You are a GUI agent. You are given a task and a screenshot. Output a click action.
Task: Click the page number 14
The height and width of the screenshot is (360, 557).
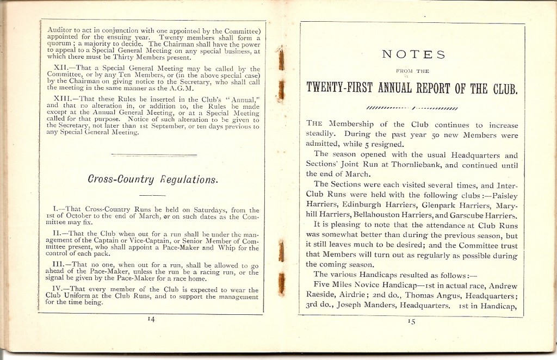coord(151,320)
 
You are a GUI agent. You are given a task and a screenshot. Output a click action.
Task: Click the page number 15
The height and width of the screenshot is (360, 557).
coord(412,321)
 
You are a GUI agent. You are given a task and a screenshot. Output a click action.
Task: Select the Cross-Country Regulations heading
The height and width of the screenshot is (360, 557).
coord(146,179)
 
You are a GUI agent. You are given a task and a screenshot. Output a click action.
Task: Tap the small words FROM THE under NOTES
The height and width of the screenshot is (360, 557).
coord(412,71)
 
